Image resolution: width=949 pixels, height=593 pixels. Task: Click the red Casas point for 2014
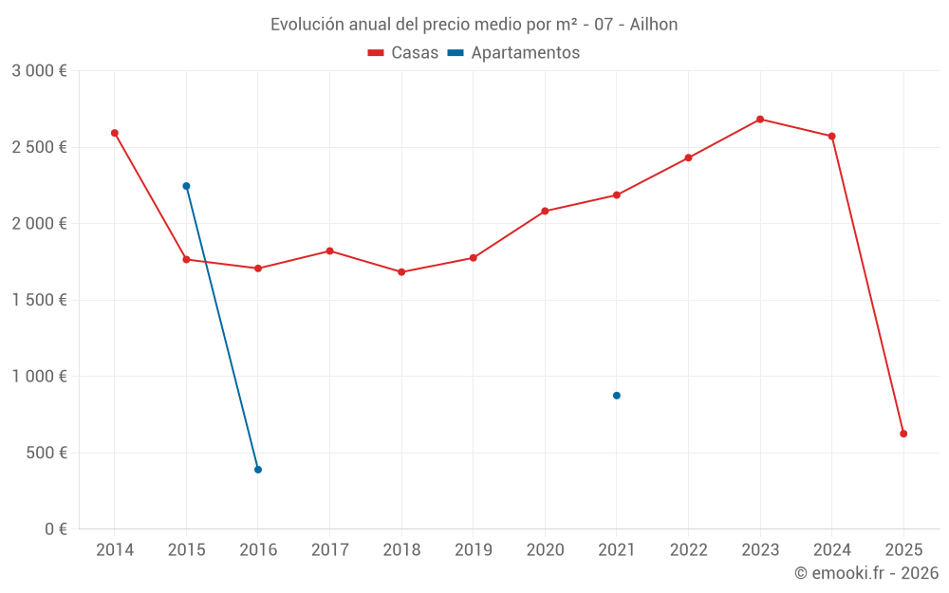click(x=115, y=133)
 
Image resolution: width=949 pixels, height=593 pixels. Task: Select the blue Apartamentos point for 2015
click(x=186, y=186)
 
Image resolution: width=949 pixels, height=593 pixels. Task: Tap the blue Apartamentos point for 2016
click(x=258, y=470)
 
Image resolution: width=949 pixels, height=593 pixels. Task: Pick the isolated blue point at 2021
click(x=617, y=396)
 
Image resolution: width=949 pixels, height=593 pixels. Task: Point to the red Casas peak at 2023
click(x=760, y=120)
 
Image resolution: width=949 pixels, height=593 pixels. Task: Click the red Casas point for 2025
click(x=903, y=434)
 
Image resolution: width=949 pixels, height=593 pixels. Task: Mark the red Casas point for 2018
click(x=401, y=272)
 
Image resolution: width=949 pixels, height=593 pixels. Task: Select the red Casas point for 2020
click(x=545, y=211)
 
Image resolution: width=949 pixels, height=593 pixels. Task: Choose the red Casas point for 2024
click(x=832, y=136)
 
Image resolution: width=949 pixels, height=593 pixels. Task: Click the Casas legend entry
click(x=403, y=53)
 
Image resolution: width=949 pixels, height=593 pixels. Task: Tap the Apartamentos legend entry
click(x=513, y=53)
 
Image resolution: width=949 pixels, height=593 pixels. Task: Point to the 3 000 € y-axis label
click(x=39, y=71)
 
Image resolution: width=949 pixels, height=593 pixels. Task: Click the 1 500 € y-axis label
click(x=39, y=300)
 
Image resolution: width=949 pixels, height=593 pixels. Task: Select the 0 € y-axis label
click(x=55, y=528)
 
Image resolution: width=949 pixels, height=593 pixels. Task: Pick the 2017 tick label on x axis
click(x=329, y=549)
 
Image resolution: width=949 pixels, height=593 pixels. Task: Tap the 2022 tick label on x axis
click(x=688, y=549)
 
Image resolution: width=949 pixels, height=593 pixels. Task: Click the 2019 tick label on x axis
click(x=473, y=549)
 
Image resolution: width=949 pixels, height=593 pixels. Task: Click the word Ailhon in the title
click(x=654, y=25)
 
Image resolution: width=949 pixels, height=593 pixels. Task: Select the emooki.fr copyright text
click(x=866, y=573)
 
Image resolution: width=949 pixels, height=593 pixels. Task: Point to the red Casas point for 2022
click(x=688, y=158)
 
